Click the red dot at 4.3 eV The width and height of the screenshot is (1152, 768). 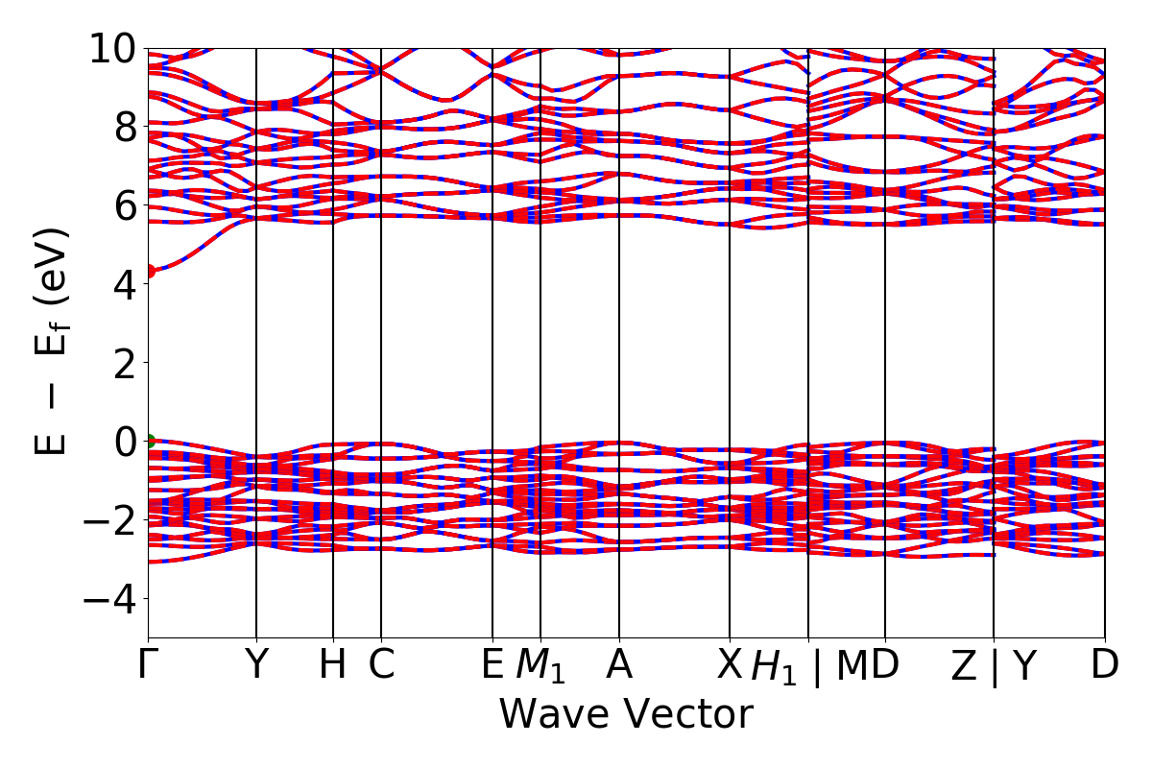pyautogui.click(x=149, y=271)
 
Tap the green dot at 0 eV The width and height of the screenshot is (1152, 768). pyautogui.click(x=149, y=442)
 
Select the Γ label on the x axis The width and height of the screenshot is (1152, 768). pyautogui.click(x=148, y=665)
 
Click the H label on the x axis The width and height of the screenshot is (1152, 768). pyautogui.click(x=332, y=665)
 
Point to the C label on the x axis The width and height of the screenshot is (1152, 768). pyautogui.click(x=382, y=665)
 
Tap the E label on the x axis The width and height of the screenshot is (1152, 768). pyautogui.click(x=492, y=665)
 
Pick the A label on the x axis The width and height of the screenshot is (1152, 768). pyautogui.click(x=619, y=665)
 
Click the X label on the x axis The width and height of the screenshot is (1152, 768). pyautogui.click(x=731, y=665)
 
